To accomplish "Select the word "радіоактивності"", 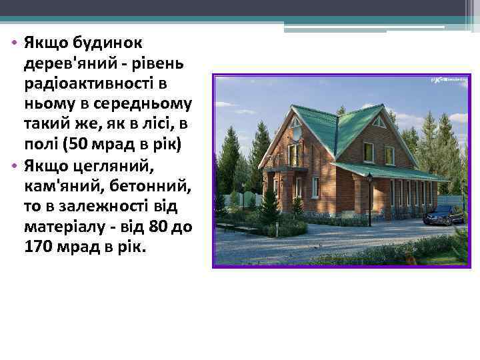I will click(88, 85).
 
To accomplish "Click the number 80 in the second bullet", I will click(159, 227).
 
